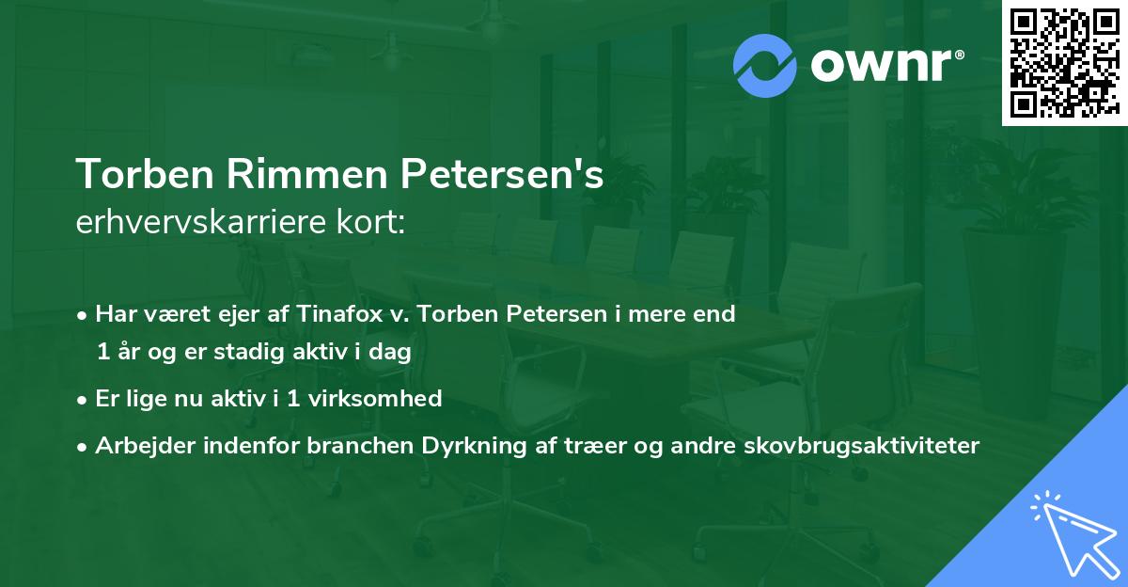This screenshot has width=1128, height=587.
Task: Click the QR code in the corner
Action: pos(1064,63)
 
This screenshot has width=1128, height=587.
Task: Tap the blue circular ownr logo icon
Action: pos(765,65)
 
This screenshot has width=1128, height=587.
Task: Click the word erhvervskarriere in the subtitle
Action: pos(190,223)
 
